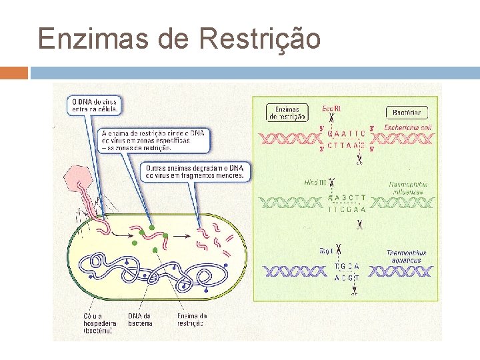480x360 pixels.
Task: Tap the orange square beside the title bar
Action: [14, 73]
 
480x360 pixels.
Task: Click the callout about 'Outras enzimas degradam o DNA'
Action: [195, 172]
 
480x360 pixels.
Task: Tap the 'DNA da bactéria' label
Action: [140, 319]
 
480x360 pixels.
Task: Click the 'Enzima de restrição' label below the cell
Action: [191, 319]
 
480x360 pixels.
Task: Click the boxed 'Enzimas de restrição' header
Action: [287, 113]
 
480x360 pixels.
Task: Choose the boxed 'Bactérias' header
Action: [406, 113]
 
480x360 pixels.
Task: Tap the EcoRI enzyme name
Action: [331, 108]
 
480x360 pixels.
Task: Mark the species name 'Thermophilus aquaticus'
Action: [406, 257]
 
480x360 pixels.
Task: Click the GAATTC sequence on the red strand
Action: [347, 132]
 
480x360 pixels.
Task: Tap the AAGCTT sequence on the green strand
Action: [347, 197]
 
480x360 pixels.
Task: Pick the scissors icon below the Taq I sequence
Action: [355, 291]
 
